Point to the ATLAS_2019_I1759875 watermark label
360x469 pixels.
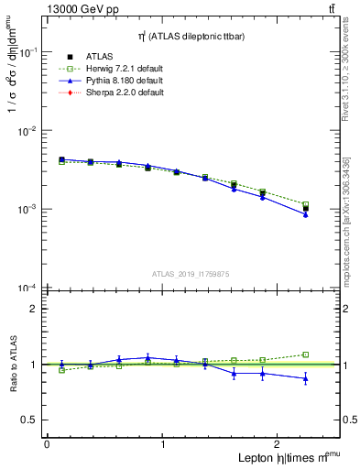(x=191, y=273)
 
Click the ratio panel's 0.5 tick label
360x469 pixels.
(x=28, y=420)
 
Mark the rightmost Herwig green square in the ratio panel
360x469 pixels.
(x=306, y=354)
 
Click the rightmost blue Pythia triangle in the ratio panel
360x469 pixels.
(x=306, y=378)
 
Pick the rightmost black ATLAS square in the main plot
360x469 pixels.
(x=306, y=209)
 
